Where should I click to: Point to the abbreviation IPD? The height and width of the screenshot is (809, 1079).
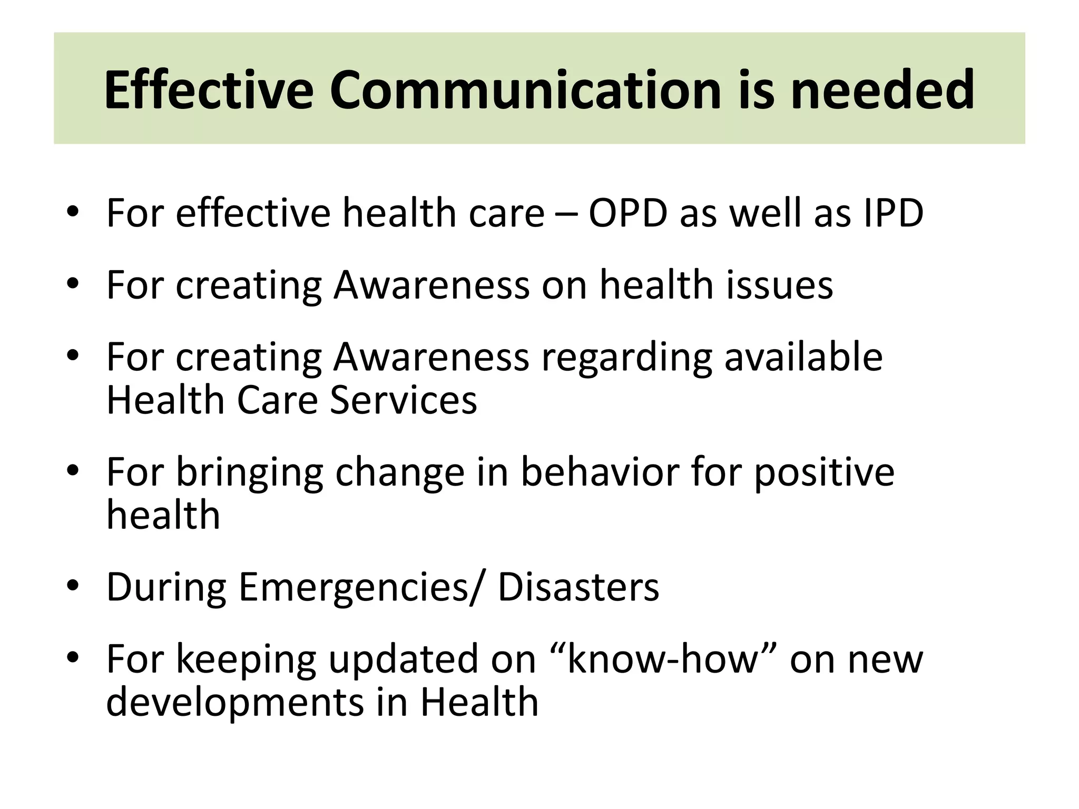click(893, 213)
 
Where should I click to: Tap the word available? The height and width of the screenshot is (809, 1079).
click(803, 357)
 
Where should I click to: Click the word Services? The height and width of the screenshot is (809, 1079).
click(403, 400)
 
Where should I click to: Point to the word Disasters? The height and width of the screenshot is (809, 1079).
click(578, 587)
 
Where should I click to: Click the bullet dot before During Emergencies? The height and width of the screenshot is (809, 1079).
click(73, 586)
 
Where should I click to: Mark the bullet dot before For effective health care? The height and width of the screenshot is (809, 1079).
click(73, 212)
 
